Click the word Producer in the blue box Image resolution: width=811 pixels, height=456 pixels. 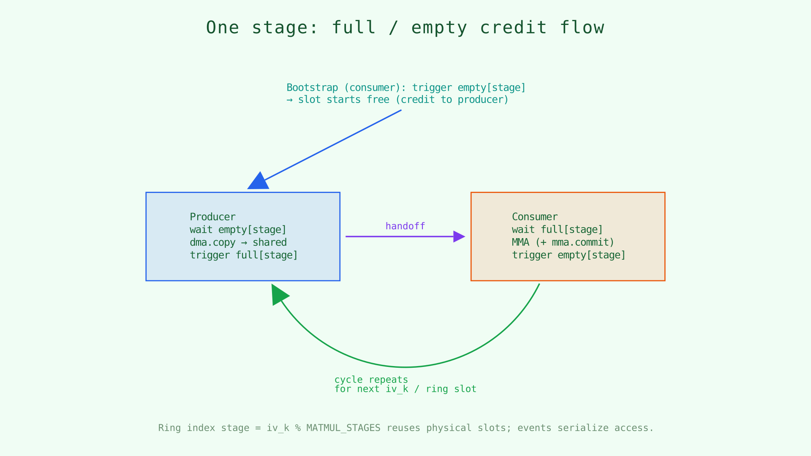(x=212, y=217)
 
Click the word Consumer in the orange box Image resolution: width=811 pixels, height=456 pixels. (x=535, y=217)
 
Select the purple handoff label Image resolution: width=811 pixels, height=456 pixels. (x=405, y=226)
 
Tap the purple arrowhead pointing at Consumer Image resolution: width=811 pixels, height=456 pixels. (x=459, y=236)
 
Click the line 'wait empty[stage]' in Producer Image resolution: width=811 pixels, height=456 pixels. (x=238, y=230)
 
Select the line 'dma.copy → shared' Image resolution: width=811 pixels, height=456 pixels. (x=238, y=242)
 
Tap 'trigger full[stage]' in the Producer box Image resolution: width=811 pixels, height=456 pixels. (x=244, y=255)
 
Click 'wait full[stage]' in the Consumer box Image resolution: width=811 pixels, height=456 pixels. (x=557, y=230)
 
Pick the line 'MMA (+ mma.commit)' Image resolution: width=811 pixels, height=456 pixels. (x=563, y=242)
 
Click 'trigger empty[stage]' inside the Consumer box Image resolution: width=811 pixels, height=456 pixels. (x=569, y=255)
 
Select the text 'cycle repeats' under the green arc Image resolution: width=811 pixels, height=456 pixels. (x=371, y=380)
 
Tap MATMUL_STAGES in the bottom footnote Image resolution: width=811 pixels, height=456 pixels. (x=343, y=428)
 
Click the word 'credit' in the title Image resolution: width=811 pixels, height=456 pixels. (x=513, y=28)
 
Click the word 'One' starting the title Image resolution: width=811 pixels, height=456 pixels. (x=222, y=28)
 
